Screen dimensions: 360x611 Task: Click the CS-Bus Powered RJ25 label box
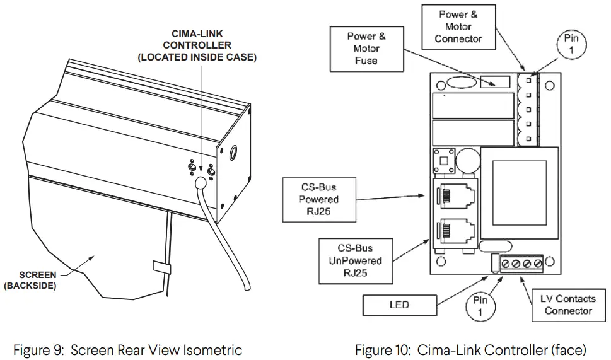[318, 199]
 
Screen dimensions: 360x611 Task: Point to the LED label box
[399, 305]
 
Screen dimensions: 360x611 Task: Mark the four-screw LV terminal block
[521, 263]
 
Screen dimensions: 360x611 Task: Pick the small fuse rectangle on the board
[496, 81]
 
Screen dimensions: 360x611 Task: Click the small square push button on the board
[443, 160]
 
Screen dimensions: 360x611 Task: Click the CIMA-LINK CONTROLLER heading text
[197, 45]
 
